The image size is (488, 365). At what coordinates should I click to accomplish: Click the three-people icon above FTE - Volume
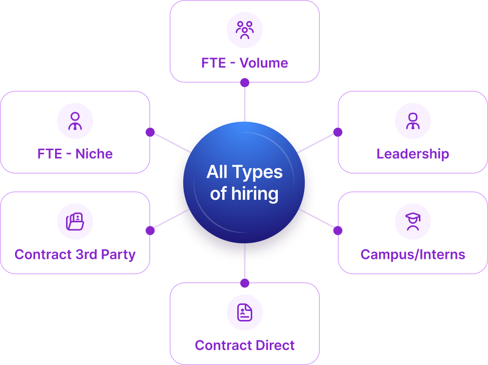click(x=244, y=30)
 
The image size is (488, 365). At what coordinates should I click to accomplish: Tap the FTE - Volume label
click(x=244, y=63)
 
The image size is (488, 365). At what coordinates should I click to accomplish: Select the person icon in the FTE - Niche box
click(x=75, y=121)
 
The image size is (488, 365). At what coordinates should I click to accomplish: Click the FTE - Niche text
click(x=75, y=154)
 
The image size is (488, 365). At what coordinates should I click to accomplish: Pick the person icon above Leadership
click(x=412, y=121)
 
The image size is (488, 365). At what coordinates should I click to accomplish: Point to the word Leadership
click(x=412, y=154)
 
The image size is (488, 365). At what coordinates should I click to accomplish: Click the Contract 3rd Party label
click(x=75, y=254)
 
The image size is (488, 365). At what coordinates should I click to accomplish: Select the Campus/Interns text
click(x=412, y=254)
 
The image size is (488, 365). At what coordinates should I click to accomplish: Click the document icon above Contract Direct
click(x=244, y=312)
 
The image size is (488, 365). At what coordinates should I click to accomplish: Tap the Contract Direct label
click(x=244, y=345)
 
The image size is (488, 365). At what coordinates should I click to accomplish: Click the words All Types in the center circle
click(x=244, y=173)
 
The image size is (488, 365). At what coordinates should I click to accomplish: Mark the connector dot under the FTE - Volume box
click(x=244, y=82)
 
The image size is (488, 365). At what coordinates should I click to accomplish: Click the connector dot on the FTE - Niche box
click(x=150, y=132)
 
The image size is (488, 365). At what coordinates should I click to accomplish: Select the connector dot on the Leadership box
click(x=338, y=132)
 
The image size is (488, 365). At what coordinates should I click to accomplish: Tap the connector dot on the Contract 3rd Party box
click(x=150, y=230)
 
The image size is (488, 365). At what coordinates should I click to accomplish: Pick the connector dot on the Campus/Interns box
click(x=338, y=230)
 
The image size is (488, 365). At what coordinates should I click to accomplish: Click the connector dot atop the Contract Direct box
click(x=244, y=283)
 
